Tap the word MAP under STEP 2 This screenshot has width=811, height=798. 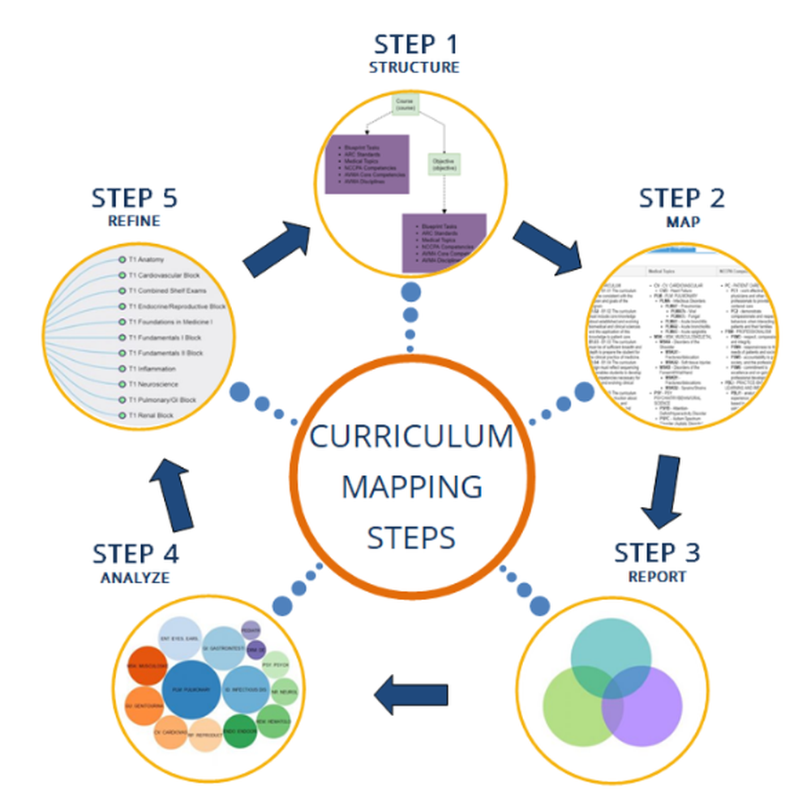pos(681,221)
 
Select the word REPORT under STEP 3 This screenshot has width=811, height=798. pos(657,577)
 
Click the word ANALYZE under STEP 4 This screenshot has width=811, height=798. pos(135,577)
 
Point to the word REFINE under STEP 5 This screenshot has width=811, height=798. pos(134,221)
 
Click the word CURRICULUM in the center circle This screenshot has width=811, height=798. pos(412,436)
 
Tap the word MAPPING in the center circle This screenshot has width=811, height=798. pos(412,487)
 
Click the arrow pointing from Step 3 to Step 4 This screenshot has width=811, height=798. pos(411,694)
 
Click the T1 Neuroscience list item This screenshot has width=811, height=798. pos(153,384)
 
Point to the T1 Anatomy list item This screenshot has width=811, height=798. pos(146,260)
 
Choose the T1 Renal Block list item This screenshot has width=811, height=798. pos(150,415)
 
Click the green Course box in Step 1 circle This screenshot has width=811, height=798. pos(405,105)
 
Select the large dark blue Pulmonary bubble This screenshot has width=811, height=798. pos(191,690)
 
